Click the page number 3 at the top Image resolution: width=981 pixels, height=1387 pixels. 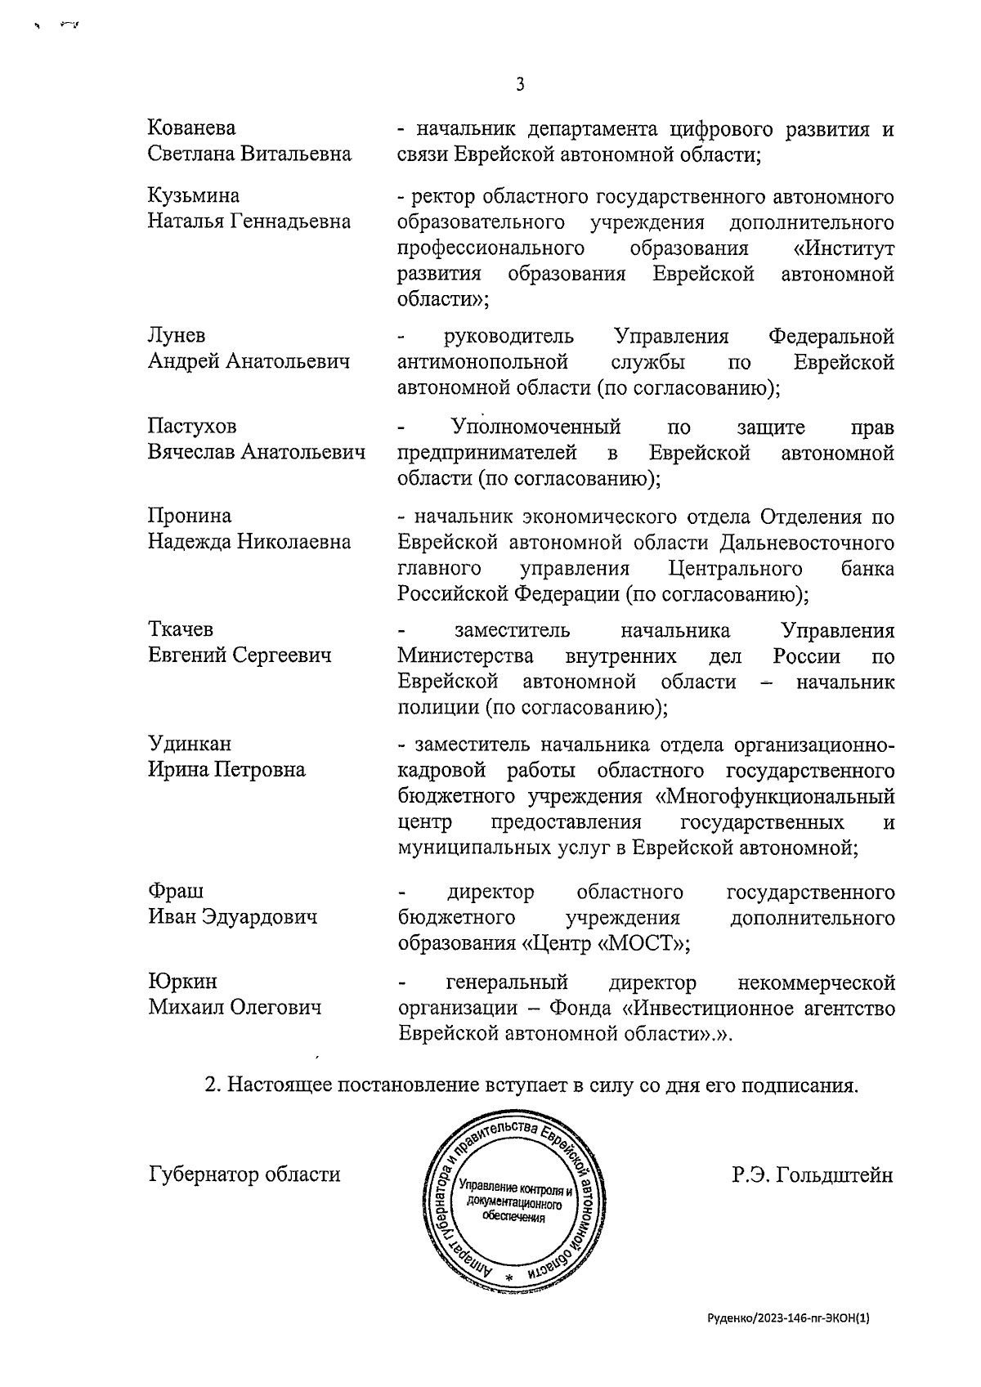520,84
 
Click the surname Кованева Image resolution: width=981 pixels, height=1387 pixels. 191,128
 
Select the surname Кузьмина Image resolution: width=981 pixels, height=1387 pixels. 194,196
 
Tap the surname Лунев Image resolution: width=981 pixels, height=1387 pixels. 177,336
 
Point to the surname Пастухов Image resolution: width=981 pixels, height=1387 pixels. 192,427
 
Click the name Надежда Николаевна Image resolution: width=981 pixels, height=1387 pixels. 249,542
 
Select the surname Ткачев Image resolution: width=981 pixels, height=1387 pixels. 181,629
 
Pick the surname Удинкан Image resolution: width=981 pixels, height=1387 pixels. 190,744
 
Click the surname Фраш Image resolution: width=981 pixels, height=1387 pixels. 176,891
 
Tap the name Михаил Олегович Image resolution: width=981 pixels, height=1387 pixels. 235,1007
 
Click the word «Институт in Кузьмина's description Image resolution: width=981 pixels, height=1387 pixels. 844,248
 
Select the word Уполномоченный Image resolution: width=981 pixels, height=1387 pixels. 535,427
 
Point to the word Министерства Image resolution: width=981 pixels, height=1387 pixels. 466,656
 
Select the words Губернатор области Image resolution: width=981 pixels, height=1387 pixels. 244,1174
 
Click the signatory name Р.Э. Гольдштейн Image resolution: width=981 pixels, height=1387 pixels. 813,1175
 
